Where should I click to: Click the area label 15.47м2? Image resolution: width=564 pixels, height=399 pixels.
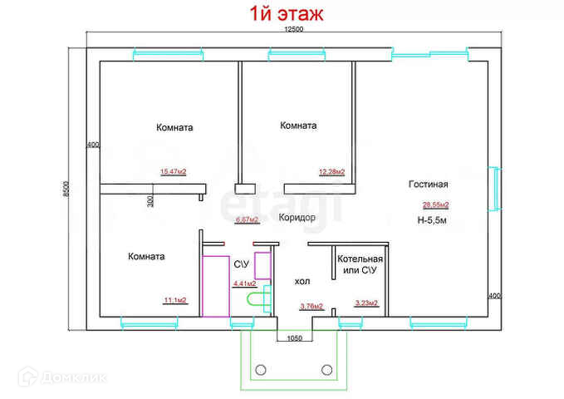coord(173,172)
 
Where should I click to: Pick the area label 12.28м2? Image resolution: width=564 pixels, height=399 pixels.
coord(331,172)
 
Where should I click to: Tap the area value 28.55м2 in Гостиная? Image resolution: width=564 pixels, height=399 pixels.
coord(435,204)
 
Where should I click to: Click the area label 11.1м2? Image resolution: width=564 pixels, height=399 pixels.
coord(174,300)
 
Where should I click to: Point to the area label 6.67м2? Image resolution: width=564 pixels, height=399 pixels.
coord(247,220)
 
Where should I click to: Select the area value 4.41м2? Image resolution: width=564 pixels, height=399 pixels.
coord(244,283)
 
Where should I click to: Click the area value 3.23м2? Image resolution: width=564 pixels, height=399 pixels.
coord(366,303)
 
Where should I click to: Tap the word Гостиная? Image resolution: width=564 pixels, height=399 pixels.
coord(428,185)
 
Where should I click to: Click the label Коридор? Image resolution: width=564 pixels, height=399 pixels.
coord(297,217)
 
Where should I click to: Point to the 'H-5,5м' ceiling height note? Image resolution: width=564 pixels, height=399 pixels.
coord(433,220)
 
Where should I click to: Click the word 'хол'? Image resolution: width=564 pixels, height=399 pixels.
coord(302,282)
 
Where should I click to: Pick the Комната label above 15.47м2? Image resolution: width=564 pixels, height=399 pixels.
coord(174,128)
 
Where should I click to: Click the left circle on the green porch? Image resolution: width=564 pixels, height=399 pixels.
coord(261,370)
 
